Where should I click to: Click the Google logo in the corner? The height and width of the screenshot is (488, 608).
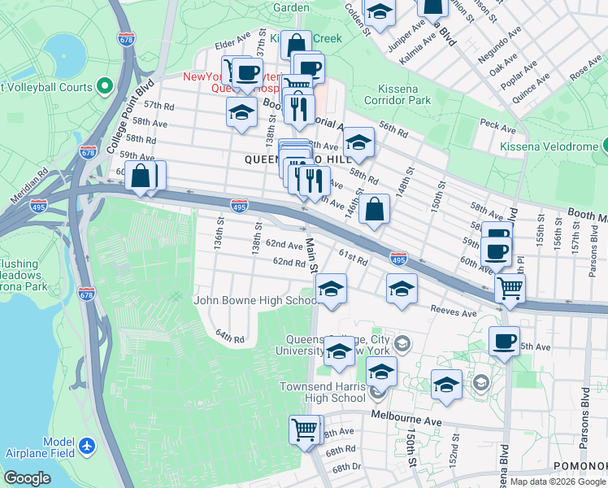click(x=27, y=478)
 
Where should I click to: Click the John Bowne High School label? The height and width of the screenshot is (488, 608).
click(x=254, y=300)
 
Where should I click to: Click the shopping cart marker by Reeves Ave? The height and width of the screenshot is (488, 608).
click(x=510, y=287)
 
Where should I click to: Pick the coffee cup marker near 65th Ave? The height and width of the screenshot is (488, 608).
click(x=504, y=340)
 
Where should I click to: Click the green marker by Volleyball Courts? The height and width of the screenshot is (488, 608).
click(x=104, y=85)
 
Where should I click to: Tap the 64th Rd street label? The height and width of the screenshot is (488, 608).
click(x=229, y=335)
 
